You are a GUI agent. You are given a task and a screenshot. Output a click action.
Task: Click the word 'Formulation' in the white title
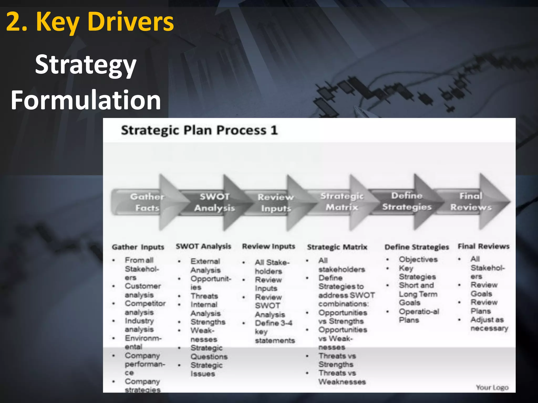coord(86,100)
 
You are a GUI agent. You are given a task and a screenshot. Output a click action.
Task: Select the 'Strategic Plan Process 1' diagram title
coord(199,130)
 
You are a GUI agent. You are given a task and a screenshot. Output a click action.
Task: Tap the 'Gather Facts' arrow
coord(147,202)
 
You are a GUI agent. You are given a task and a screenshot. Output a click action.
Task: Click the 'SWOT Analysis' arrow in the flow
coord(214,202)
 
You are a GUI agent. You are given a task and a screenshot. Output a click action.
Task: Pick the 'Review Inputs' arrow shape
coord(275,203)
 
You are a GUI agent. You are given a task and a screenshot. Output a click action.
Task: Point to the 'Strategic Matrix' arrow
coord(342,202)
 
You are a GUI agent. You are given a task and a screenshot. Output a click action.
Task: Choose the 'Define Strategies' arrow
coord(407,201)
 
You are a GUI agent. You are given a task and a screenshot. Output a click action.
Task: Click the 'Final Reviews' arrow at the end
coord(471,202)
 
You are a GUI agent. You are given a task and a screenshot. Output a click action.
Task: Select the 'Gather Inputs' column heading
coord(138,247)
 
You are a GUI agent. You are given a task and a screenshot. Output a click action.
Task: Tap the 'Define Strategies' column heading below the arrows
coord(417,247)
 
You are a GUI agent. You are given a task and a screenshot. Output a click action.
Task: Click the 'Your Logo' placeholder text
coord(492,388)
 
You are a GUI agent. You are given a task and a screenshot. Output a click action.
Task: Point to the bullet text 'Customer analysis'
coord(143,290)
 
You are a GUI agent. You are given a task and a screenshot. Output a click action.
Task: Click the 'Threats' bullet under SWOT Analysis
coord(204,296)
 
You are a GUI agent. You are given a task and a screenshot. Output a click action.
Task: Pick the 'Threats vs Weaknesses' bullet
coord(342,377)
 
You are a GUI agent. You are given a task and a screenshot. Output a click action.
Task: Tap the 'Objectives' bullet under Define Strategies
coord(418,259)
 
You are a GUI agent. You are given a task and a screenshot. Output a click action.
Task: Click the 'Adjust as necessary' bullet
coord(489,324)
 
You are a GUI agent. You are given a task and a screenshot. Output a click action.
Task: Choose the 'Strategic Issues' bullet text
coord(206,369)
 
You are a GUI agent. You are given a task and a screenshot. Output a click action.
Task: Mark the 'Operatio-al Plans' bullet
coord(419,316)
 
